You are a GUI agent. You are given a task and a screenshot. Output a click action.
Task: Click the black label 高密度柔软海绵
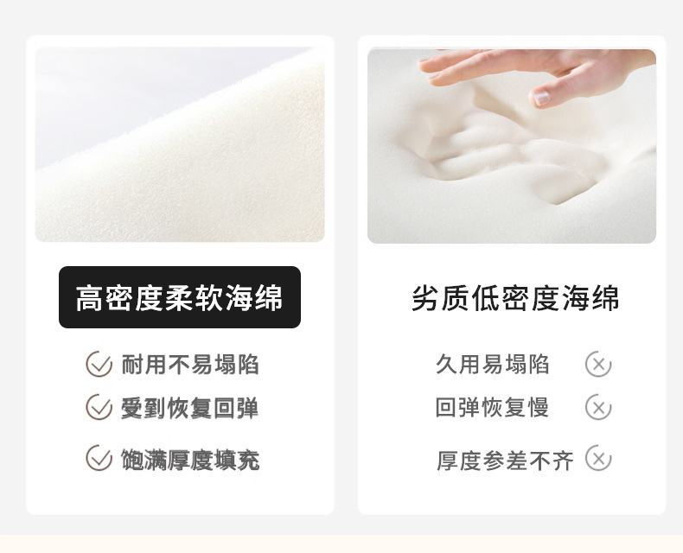180,297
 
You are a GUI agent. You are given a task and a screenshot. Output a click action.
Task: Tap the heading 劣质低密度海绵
515,299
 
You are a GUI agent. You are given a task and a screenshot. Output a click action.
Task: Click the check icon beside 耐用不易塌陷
99,365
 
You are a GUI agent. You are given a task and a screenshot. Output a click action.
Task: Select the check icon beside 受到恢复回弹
99,407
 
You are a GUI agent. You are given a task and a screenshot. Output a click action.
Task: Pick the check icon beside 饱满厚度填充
99,458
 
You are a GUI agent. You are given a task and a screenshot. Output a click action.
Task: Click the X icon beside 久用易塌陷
597,365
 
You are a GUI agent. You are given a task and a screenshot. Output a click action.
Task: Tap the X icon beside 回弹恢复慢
597,407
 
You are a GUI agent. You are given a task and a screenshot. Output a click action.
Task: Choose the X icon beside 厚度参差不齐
597,458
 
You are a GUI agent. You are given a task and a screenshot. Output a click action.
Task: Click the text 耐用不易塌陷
189,365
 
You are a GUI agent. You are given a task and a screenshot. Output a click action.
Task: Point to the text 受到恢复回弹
189,408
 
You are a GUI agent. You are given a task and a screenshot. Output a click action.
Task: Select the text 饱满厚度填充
189,460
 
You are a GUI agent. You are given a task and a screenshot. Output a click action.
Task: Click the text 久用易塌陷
492,365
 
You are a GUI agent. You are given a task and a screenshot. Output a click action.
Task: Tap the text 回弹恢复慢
492,407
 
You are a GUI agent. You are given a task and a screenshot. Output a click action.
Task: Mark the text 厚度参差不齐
505,461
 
